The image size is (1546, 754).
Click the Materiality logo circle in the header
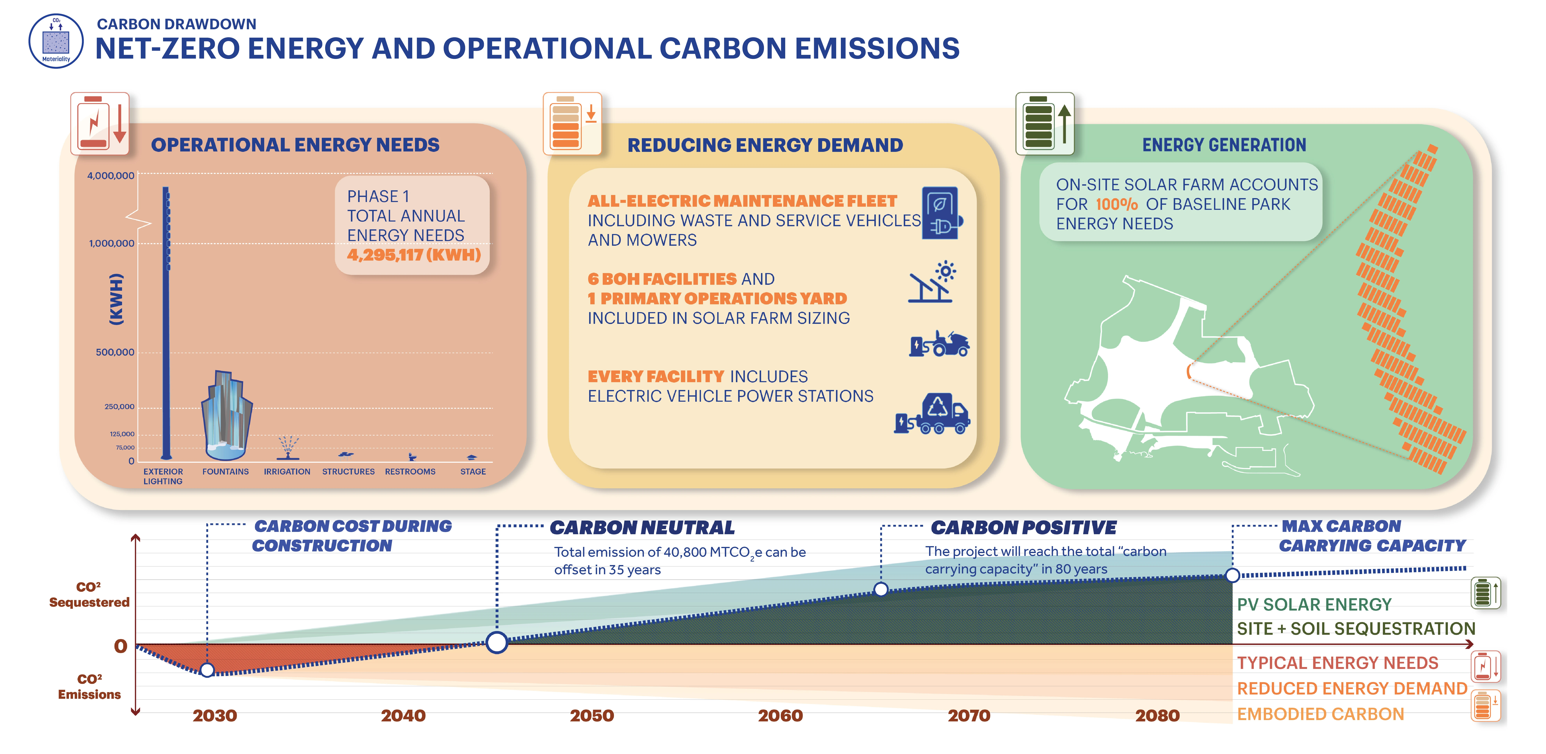pos(56,41)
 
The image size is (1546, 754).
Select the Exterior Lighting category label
pos(163,476)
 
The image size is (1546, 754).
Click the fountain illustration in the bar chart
pos(226,416)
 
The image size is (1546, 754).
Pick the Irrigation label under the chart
pos(287,472)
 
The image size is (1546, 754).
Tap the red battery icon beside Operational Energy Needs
pos(100,124)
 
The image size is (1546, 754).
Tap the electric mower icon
pos(939,344)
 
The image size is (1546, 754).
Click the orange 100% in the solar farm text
pos(1116,205)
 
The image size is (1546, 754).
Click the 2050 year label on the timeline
pos(592,716)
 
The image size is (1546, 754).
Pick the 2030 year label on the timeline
pos(215,716)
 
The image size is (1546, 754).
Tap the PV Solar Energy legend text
pos(1314,605)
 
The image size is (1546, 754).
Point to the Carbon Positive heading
pos(1024,528)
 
